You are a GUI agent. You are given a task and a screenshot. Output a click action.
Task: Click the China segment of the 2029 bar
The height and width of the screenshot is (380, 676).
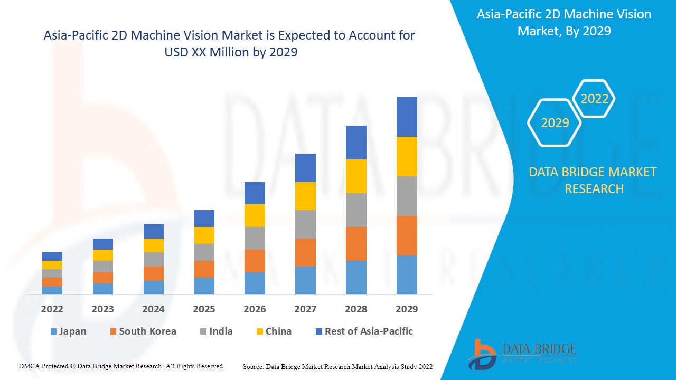pyautogui.click(x=407, y=156)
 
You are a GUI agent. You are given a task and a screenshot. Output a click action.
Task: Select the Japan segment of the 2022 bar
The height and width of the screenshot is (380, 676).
pyautogui.click(x=52, y=290)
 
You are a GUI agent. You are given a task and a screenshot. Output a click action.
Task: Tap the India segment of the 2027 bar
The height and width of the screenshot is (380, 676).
pyautogui.click(x=305, y=224)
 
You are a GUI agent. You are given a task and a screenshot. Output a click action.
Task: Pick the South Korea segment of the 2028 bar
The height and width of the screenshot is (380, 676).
pyautogui.click(x=356, y=244)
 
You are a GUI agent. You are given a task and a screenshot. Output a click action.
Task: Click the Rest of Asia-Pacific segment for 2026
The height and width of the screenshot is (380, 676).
pyautogui.click(x=255, y=193)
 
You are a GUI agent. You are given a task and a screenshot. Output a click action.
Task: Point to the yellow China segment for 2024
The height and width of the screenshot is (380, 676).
pyautogui.click(x=154, y=245)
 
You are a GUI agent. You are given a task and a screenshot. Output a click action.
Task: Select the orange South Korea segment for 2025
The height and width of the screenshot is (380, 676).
pyautogui.click(x=204, y=269)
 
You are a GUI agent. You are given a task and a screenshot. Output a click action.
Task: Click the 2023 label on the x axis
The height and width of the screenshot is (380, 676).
pyautogui.click(x=102, y=309)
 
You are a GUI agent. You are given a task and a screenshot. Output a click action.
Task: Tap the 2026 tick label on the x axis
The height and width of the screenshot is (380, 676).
pyautogui.click(x=255, y=309)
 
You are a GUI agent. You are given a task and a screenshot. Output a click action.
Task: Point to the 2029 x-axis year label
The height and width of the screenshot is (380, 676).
pyautogui.click(x=407, y=309)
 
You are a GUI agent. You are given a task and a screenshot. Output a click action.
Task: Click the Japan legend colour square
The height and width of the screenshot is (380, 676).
pyautogui.click(x=53, y=332)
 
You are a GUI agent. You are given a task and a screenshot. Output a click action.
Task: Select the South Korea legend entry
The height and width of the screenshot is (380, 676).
pyautogui.click(x=143, y=331)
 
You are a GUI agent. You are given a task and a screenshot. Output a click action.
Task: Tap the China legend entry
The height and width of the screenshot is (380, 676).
pyautogui.click(x=273, y=331)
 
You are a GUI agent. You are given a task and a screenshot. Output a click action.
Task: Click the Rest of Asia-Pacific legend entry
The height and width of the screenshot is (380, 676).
pyautogui.click(x=364, y=331)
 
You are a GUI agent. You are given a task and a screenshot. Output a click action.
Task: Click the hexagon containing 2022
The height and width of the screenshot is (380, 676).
pyautogui.click(x=594, y=99)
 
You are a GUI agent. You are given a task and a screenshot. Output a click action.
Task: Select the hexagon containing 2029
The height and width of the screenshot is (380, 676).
pyautogui.click(x=555, y=123)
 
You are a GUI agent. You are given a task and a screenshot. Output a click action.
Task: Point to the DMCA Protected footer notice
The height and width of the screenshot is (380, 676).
pyautogui.click(x=121, y=366)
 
